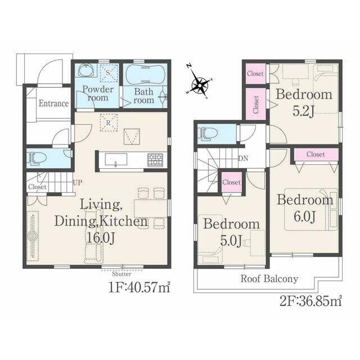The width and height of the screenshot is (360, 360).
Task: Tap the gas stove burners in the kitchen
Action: click(x=155, y=160)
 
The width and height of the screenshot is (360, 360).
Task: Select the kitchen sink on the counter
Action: click(x=116, y=159)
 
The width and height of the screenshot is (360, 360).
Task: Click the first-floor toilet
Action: click(x=37, y=159)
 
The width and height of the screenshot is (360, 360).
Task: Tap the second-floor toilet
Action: click(x=208, y=134)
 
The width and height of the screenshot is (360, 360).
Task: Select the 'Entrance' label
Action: click(x=53, y=103)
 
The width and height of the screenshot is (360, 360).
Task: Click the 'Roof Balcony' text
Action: click(x=269, y=279)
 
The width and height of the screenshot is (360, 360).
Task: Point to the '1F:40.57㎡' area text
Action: click(x=139, y=287)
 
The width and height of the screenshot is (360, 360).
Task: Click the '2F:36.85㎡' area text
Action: click(x=311, y=301)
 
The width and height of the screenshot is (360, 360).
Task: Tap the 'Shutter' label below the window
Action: click(x=121, y=274)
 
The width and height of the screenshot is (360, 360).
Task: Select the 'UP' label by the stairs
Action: click(x=78, y=182)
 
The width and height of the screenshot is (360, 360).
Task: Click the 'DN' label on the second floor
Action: click(x=243, y=158)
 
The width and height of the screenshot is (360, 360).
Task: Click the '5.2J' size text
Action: click(x=303, y=111)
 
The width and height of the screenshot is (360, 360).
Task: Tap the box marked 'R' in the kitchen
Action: click(x=109, y=123)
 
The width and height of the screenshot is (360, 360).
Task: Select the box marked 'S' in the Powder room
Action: click(x=109, y=73)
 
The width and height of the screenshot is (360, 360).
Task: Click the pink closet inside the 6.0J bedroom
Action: click(x=316, y=154)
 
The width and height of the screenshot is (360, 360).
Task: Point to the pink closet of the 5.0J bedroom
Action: click(x=231, y=182)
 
